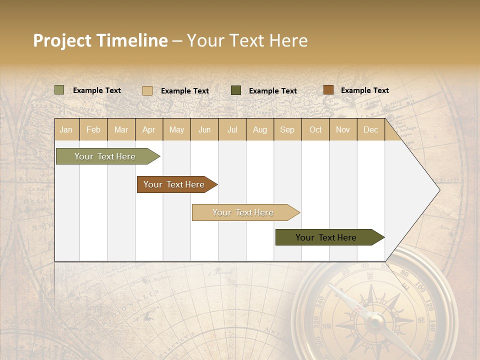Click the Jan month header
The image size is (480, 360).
(66, 129)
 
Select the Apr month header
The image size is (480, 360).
(149, 129)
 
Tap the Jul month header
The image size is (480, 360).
(232, 129)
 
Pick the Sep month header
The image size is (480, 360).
(287, 129)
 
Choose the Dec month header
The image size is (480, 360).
(370, 129)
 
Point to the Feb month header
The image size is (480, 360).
(93, 129)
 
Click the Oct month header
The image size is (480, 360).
(315, 129)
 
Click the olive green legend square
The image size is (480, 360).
(59, 90)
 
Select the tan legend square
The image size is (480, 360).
(147, 90)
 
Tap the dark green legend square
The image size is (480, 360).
(236, 90)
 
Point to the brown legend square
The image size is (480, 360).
(328, 90)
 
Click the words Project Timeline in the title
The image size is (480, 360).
(100, 40)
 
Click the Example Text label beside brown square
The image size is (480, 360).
(364, 90)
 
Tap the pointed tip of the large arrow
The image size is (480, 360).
(439, 190)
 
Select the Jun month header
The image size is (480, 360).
(204, 129)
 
